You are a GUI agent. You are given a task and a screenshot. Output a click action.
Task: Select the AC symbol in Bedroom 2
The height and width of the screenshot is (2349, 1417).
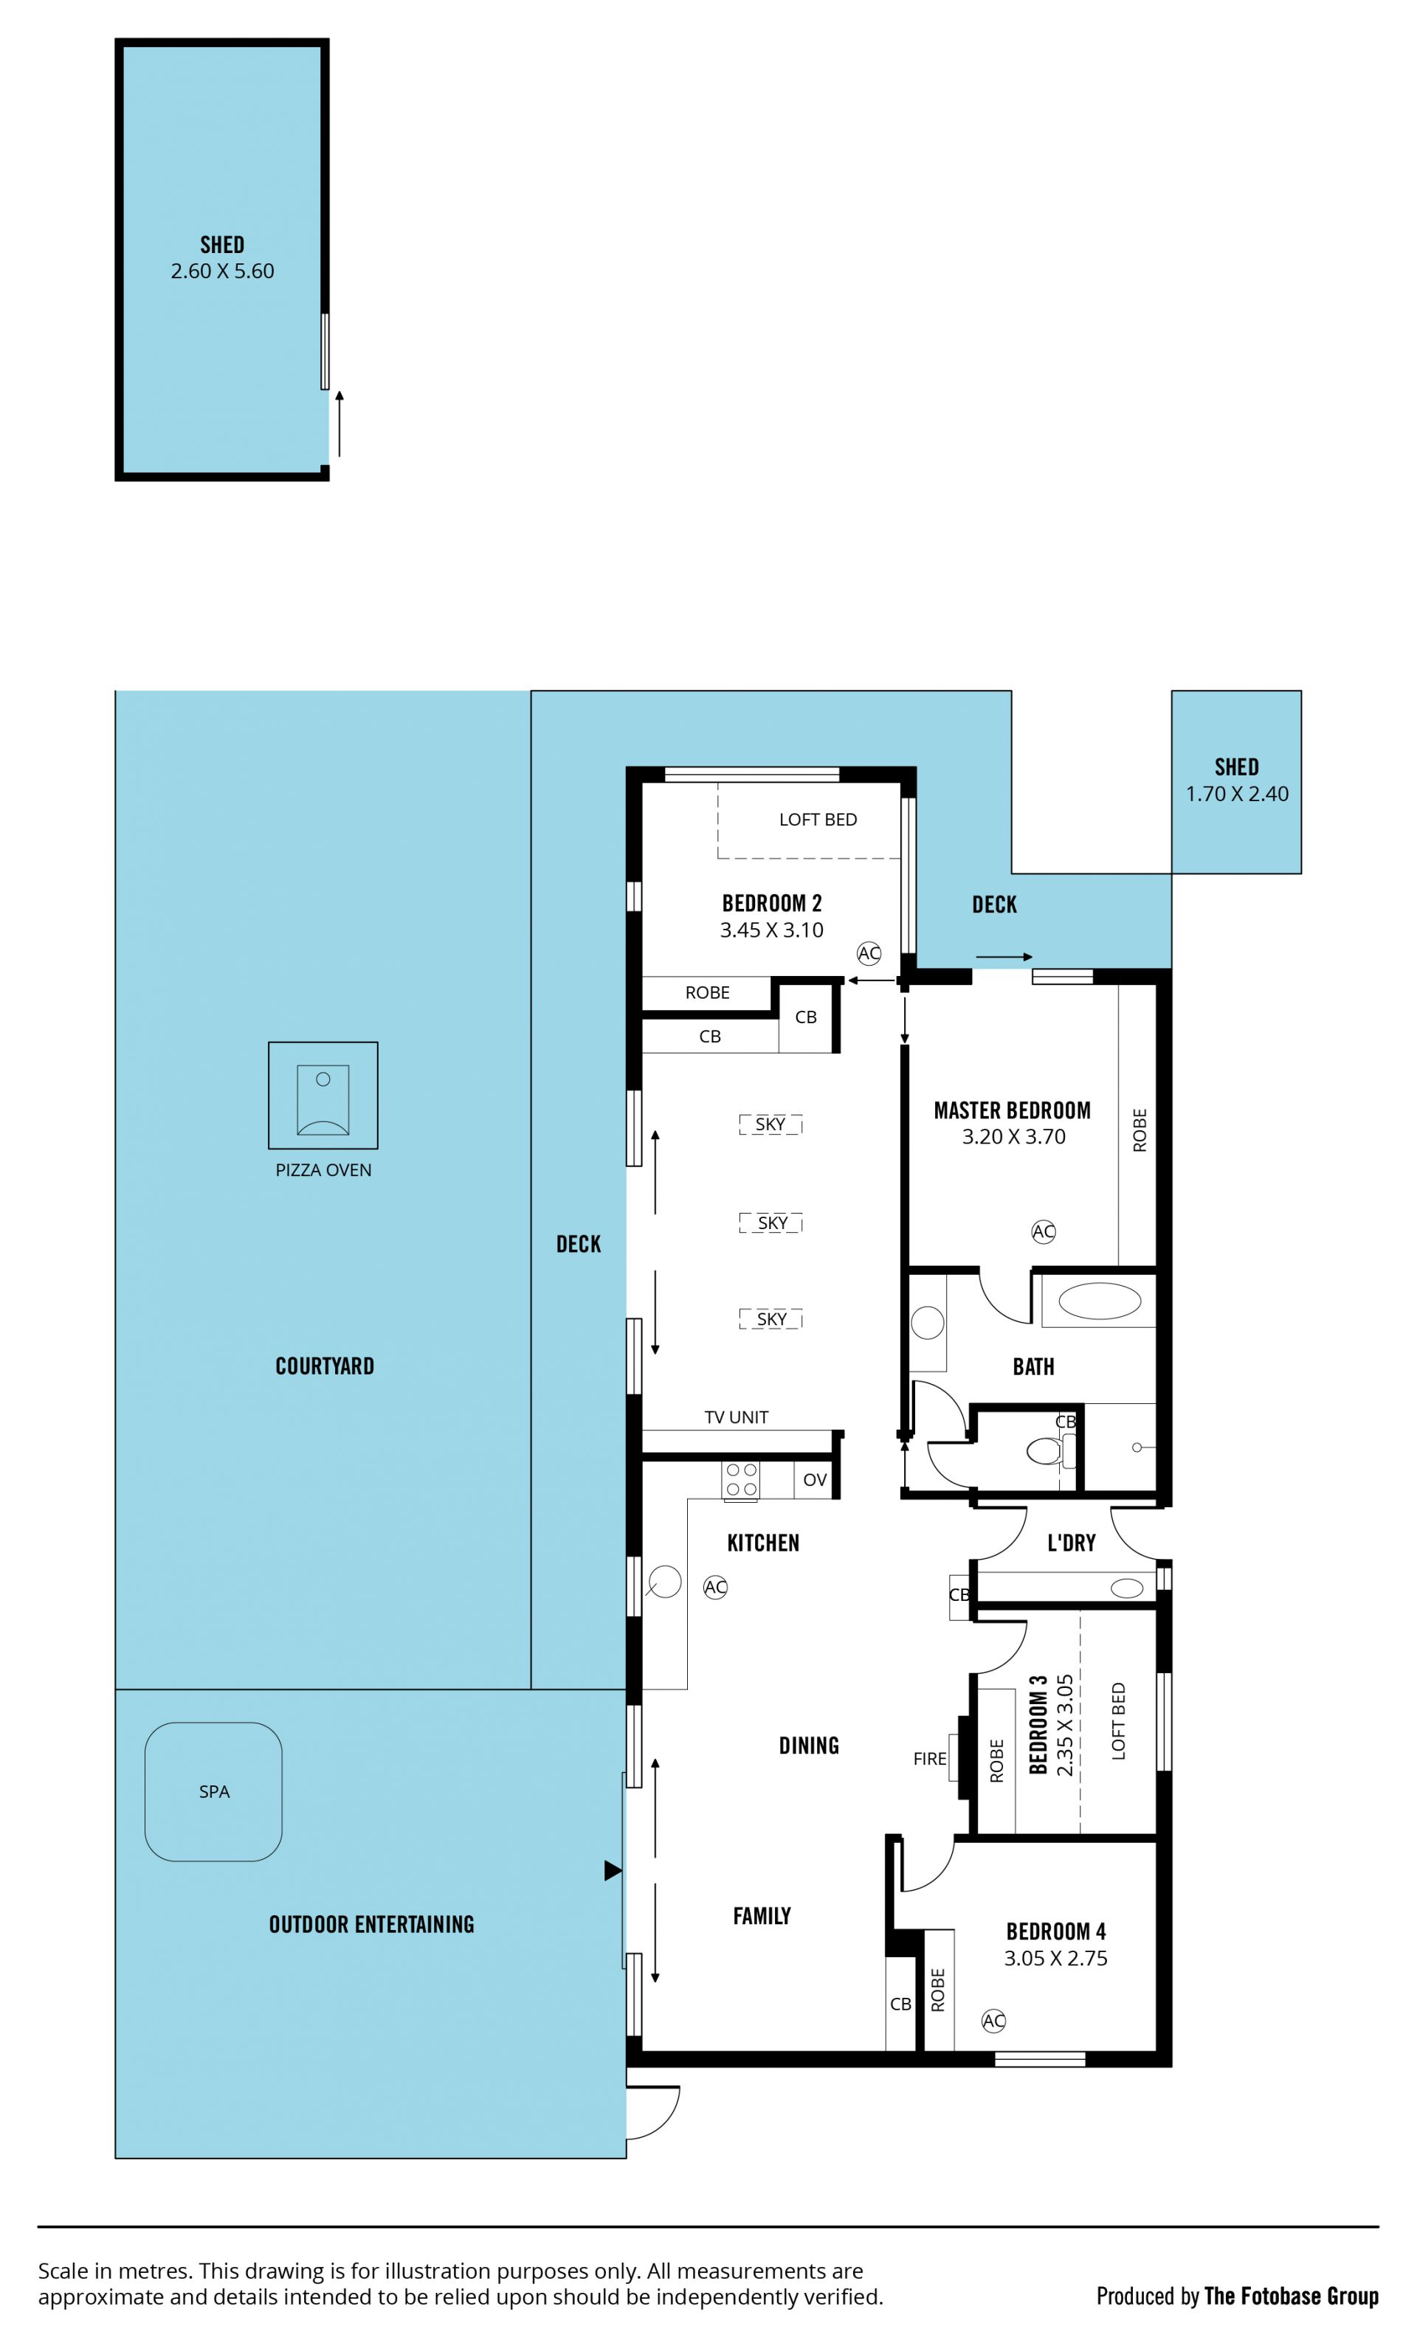pos(869,952)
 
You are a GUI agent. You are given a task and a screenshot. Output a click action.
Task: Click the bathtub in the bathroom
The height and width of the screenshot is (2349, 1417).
pos(1100,1301)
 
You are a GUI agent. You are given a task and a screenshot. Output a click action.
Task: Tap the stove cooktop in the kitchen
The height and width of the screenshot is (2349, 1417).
pos(741,1481)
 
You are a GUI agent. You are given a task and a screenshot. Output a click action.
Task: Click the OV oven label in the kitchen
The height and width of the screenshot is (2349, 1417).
pos(814,1480)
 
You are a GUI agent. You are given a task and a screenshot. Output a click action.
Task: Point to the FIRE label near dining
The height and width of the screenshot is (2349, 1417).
pos(930,1758)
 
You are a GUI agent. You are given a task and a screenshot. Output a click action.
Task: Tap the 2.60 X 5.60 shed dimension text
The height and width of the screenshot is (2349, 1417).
pos(222,271)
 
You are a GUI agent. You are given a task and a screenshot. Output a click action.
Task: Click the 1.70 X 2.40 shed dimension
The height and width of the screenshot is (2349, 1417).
pos(1237,793)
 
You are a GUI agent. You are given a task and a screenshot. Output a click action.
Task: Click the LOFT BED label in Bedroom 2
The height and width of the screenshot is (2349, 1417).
pos(818,819)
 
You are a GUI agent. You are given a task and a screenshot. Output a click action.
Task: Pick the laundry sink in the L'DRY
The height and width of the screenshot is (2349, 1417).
pos(1127,1588)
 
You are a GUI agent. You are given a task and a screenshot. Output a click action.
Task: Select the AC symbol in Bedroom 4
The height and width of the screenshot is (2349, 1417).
pos(993,2020)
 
